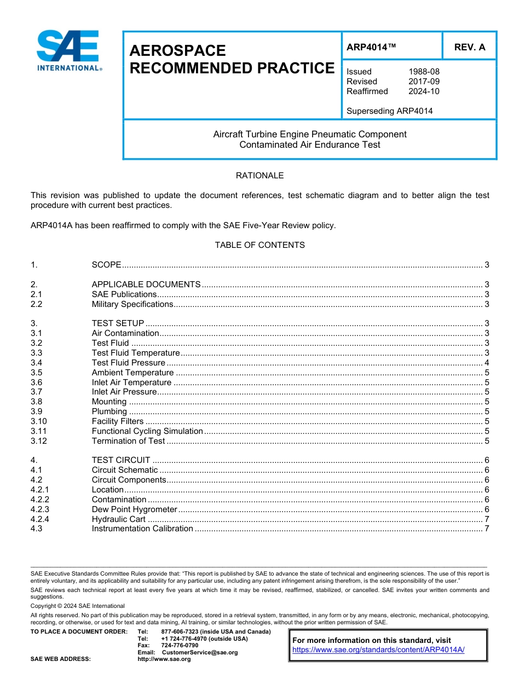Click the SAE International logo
click(68, 50)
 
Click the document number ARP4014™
click(371, 48)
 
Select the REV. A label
click(469, 48)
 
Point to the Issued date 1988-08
click(424, 72)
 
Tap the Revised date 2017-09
click(424, 82)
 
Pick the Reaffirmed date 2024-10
click(424, 91)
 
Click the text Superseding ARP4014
click(389, 111)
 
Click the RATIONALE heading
click(259, 176)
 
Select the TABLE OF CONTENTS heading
click(259, 245)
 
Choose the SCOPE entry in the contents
click(106, 265)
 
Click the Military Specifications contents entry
click(132, 304)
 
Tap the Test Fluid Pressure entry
click(128, 363)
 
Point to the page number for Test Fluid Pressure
click(487, 363)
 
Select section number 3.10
click(39, 421)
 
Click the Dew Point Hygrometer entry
click(134, 509)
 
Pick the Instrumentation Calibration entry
click(142, 529)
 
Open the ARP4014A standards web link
click(378, 649)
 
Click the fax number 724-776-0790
click(180, 646)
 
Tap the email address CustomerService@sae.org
click(200, 652)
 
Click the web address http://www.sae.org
click(164, 659)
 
